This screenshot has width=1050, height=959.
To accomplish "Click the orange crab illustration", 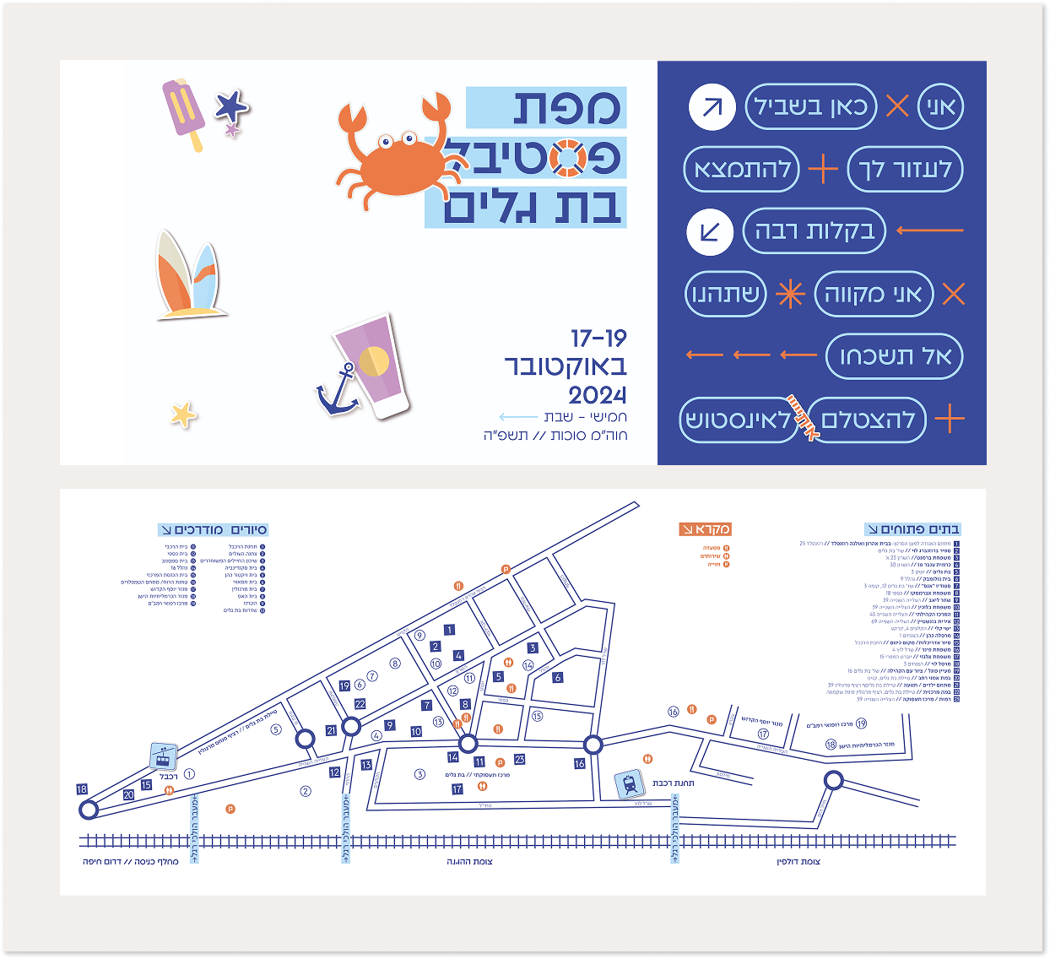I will (393, 152).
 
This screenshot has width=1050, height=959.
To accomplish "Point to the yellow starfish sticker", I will (182, 414).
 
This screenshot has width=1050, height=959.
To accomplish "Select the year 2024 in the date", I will (598, 395).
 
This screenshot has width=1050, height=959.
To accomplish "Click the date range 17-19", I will (598, 339).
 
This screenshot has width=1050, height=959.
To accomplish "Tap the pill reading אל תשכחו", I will (894, 356).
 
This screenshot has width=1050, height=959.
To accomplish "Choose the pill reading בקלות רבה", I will (814, 231).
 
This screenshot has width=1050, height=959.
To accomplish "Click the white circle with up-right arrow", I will (712, 107).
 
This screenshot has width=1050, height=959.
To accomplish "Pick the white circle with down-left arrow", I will (710, 232).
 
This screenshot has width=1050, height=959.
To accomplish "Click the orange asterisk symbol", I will (790, 294).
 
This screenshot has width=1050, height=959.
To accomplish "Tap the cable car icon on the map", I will (163, 756).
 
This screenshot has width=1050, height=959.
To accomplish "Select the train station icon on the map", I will (630, 784).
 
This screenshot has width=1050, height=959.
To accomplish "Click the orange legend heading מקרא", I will (705, 529).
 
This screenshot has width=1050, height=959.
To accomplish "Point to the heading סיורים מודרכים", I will (214, 529).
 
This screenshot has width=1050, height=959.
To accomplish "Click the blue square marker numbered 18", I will (82, 789).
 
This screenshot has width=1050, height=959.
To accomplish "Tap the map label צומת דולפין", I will (798, 862).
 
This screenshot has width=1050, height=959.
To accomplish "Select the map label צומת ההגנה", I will (469, 862).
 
